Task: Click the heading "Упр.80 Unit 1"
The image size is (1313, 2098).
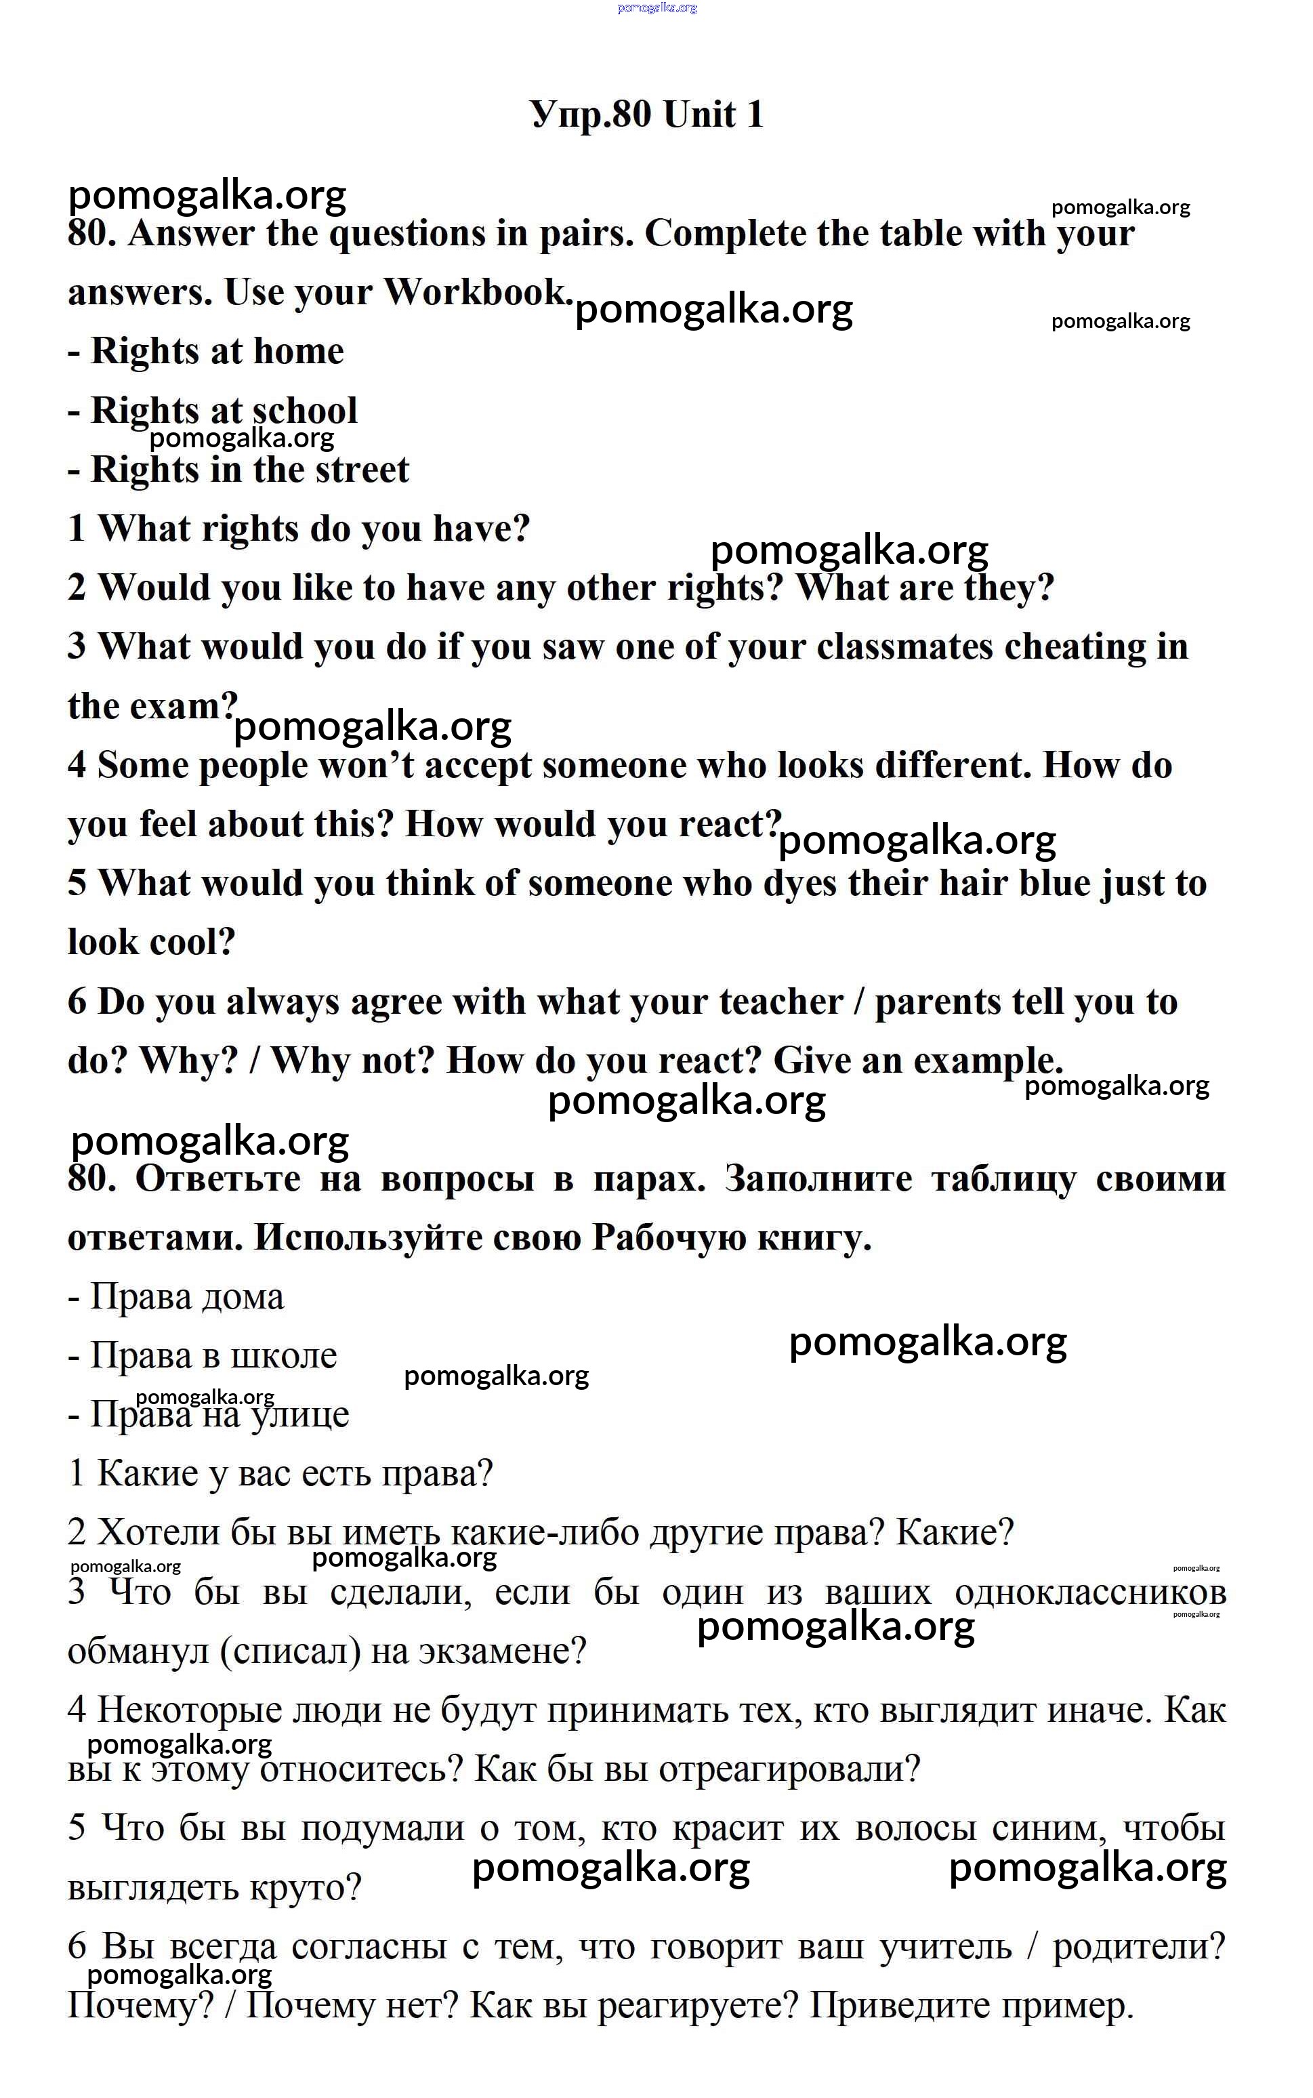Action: click(x=647, y=115)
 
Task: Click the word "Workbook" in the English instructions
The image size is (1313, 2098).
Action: click(x=475, y=293)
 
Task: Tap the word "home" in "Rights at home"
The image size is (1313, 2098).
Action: click(x=299, y=352)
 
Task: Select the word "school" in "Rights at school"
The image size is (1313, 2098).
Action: click(x=305, y=411)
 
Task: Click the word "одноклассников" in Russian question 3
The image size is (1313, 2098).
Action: click(x=1090, y=1592)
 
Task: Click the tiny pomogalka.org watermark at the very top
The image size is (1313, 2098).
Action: click(x=656, y=8)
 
